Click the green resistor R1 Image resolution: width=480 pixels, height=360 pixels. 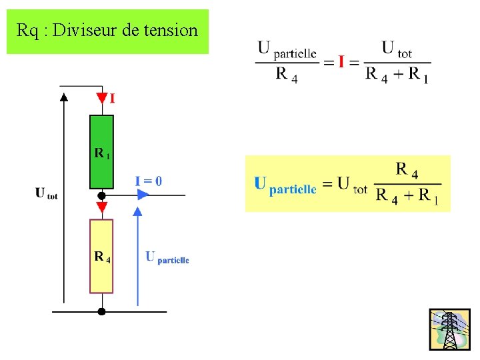coord(101,152)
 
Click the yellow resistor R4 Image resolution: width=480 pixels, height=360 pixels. coord(101,256)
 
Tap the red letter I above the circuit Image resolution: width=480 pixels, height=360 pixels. coord(112,99)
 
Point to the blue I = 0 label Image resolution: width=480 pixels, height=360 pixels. coord(148,181)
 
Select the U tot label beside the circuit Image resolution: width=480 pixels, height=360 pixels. coord(46,194)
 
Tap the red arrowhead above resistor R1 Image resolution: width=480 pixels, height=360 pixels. coord(101,99)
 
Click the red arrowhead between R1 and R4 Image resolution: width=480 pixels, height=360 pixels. coord(101,208)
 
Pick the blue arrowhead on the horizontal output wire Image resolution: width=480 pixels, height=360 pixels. coord(143,195)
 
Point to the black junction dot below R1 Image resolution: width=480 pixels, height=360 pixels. coord(101,196)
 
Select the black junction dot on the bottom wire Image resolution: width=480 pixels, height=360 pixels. coord(101,311)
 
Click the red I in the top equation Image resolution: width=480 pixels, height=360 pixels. coord(341,62)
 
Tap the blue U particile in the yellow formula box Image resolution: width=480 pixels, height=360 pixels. coord(285,185)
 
